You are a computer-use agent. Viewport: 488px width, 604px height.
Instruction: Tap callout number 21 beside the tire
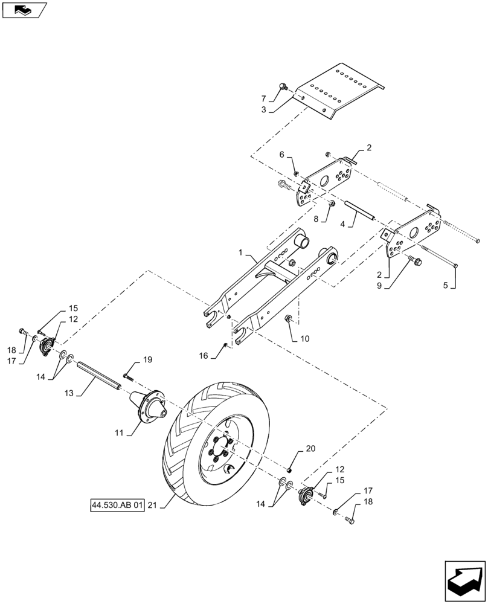[152, 505]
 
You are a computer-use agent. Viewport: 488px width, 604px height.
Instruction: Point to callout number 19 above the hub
[147, 360]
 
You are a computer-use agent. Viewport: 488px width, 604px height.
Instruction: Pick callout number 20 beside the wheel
[310, 449]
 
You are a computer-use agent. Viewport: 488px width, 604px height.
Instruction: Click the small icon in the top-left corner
[24, 9]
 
